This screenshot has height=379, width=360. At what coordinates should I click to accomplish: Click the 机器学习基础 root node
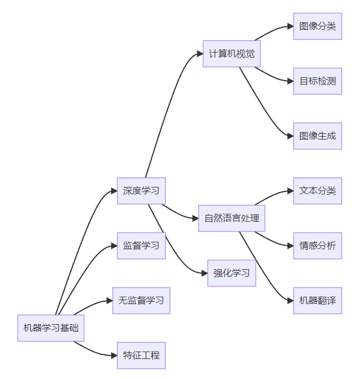point(51,328)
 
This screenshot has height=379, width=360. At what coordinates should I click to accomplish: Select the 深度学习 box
point(141,191)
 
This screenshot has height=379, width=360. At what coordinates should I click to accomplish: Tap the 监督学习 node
point(141,246)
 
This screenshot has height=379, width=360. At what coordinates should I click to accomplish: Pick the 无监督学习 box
point(141,301)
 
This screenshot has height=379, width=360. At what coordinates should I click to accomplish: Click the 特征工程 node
point(141,356)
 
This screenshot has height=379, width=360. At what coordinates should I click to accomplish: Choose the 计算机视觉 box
point(232,54)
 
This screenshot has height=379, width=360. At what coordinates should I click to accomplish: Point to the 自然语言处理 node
point(232,218)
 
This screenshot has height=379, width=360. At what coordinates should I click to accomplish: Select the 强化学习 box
point(232,273)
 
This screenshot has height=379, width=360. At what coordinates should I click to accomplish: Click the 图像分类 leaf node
point(318,26)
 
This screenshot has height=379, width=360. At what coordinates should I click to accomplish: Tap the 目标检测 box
point(318,81)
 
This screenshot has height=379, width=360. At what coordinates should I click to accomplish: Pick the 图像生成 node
point(318,136)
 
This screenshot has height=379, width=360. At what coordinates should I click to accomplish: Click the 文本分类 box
point(318,191)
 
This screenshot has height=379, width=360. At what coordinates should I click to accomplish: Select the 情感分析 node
point(318,246)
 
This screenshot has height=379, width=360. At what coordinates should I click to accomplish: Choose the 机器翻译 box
point(318,301)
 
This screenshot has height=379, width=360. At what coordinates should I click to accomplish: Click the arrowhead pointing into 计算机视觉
point(200,54)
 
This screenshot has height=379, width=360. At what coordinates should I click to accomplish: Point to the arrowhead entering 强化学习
point(204,273)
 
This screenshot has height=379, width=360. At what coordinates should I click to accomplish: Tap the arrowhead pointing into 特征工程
point(114,356)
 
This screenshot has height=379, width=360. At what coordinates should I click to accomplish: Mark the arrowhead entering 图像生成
point(290,136)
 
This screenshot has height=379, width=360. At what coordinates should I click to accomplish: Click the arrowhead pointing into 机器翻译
point(290,301)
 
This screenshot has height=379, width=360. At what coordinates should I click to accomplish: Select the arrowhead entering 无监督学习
point(109,301)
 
